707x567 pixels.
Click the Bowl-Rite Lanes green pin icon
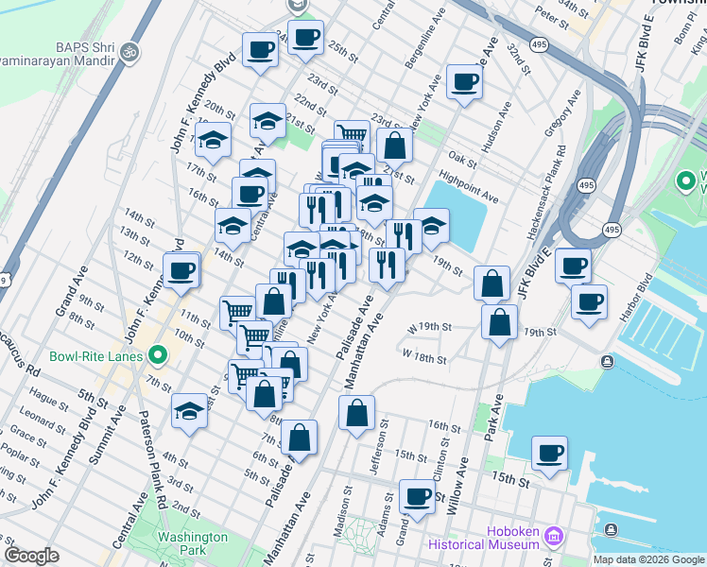point(158,356)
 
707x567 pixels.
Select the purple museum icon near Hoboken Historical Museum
point(553,538)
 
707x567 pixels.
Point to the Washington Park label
point(192,542)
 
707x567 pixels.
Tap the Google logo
point(31,556)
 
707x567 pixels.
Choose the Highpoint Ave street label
point(468,186)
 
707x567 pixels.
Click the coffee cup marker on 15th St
point(549,453)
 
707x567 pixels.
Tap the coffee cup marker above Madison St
point(417,496)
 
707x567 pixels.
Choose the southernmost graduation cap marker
point(189,411)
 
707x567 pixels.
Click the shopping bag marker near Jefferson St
point(356,413)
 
